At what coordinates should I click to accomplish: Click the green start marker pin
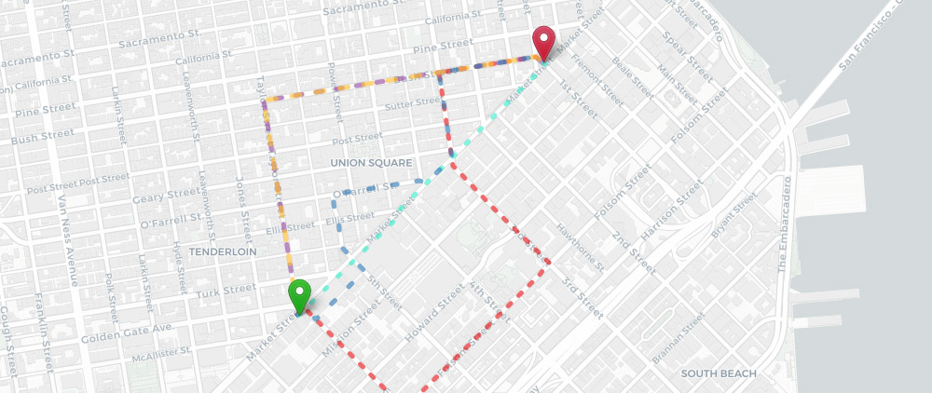point(299,297)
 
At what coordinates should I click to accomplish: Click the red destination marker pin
point(543,43)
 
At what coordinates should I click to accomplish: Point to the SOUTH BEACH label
point(718,373)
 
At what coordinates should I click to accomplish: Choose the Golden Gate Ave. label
point(128,331)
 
